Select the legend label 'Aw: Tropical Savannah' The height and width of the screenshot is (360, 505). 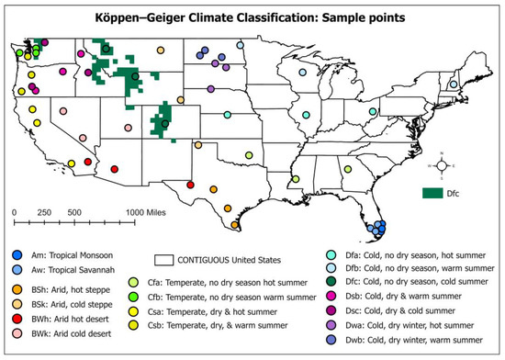click(x=73, y=268)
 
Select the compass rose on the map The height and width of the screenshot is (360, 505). click(x=443, y=165)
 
